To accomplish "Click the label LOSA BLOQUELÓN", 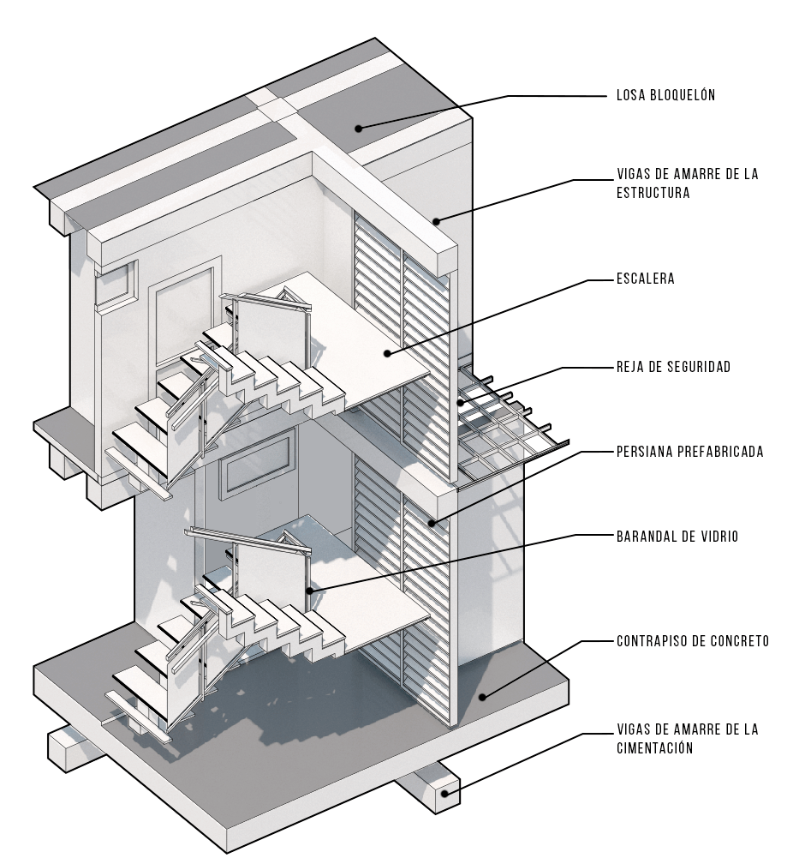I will point(665,95).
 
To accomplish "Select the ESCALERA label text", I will point(645,279).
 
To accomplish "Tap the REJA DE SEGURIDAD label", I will point(672,367).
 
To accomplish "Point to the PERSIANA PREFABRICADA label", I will point(689,451).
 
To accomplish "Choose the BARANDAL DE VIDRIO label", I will point(677,537).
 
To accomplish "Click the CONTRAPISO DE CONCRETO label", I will point(692,640).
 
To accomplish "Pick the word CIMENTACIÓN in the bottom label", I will point(654,748).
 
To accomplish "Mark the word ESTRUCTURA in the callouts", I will point(653,193).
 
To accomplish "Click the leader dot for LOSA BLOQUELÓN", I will point(359,129).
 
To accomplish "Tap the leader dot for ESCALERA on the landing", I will point(387,352).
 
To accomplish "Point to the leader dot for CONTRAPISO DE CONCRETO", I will point(483,696).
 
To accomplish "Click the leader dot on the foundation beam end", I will point(444,794).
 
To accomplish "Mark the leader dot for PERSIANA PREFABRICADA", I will point(432,522).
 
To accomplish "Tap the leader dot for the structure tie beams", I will point(436,222).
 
